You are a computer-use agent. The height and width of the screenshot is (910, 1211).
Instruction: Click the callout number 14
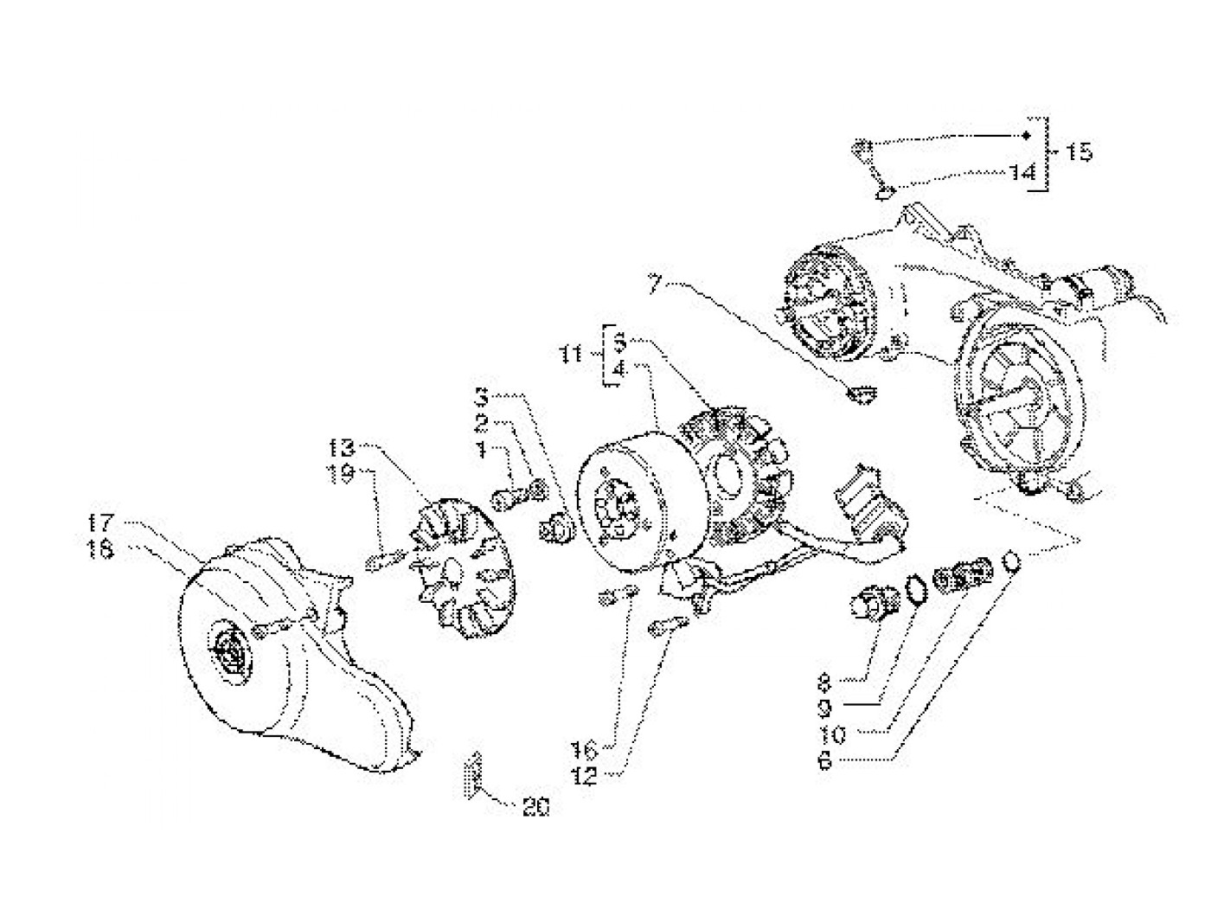pos(1022,173)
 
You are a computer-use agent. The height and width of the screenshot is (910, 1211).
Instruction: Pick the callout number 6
pos(823,762)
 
